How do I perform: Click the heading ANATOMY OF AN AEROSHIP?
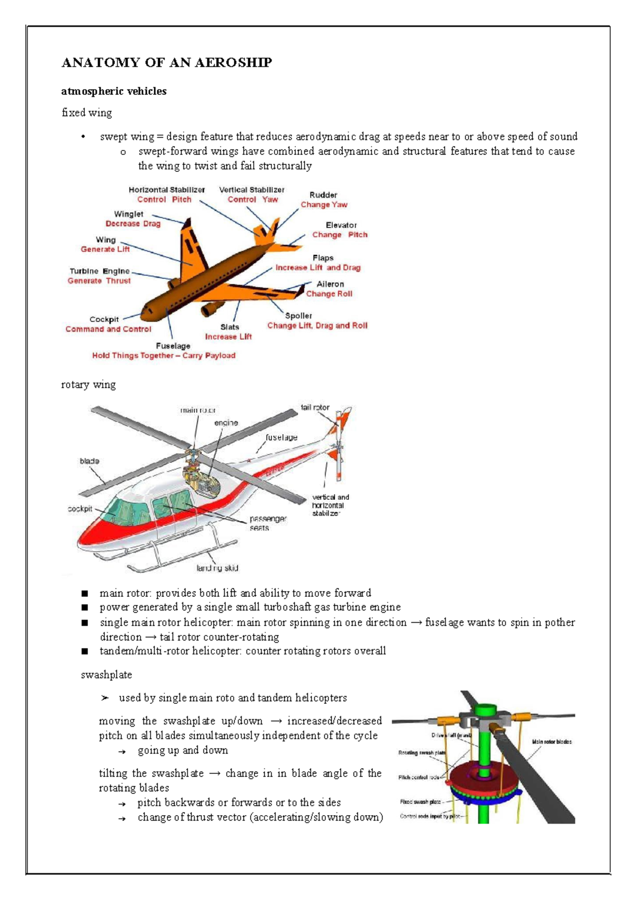tap(166, 63)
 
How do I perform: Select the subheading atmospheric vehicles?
tap(113, 91)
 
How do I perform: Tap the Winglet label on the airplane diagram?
tap(128, 214)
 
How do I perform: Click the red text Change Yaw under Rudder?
tap(324, 205)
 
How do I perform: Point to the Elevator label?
tap(341, 225)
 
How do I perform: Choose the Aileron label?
tap(330, 284)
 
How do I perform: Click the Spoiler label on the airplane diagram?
tap(298, 316)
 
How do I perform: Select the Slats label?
tap(229, 327)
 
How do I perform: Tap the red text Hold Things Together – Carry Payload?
tap(164, 356)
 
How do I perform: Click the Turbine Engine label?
tap(99, 271)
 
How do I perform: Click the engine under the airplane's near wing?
tap(212, 308)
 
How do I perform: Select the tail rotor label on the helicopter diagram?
tap(315, 408)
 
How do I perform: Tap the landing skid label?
tap(217, 568)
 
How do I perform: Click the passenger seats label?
tap(268, 523)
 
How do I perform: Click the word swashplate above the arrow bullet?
tap(106, 675)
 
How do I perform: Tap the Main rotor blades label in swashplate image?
tap(551, 742)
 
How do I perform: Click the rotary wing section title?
tap(88, 385)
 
